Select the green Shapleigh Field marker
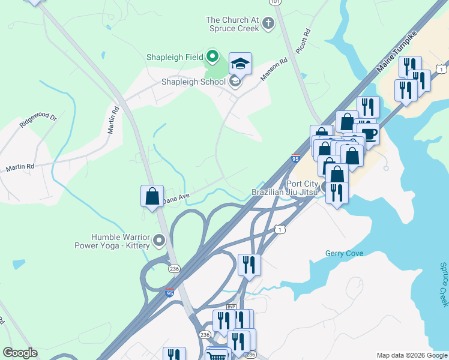pyautogui.click(x=212, y=58)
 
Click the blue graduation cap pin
pyautogui.click(x=240, y=64)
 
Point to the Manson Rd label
pyautogui.click(x=274, y=69)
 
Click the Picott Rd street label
pyautogui.click(x=306, y=40)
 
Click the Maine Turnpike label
pyautogui.click(x=396, y=55)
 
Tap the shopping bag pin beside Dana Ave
pyautogui.click(x=152, y=196)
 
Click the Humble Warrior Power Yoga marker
pyautogui.click(x=159, y=241)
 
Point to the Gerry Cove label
pyautogui.click(x=344, y=253)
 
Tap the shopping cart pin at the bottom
pyautogui.click(x=217, y=356)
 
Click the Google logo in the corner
pyautogui.click(x=20, y=352)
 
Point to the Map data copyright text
pyautogui.click(x=412, y=355)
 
